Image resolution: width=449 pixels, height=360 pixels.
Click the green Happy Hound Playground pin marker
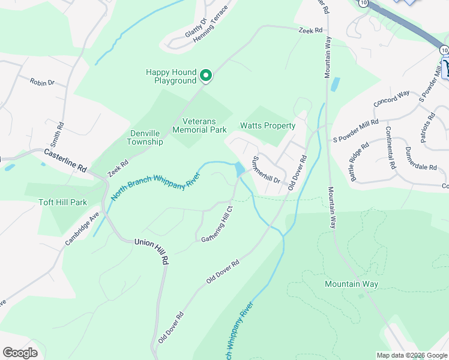(x=205, y=76)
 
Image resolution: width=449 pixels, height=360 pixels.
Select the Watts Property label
(x=268, y=126)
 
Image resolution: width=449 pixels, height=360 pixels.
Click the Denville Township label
(x=145, y=137)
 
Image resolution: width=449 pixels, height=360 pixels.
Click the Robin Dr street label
(x=42, y=82)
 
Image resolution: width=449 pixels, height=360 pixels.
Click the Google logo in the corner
(x=20, y=353)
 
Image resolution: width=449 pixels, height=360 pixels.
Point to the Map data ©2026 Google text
(x=411, y=355)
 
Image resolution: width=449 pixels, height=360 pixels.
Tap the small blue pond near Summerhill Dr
(x=240, y=169)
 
